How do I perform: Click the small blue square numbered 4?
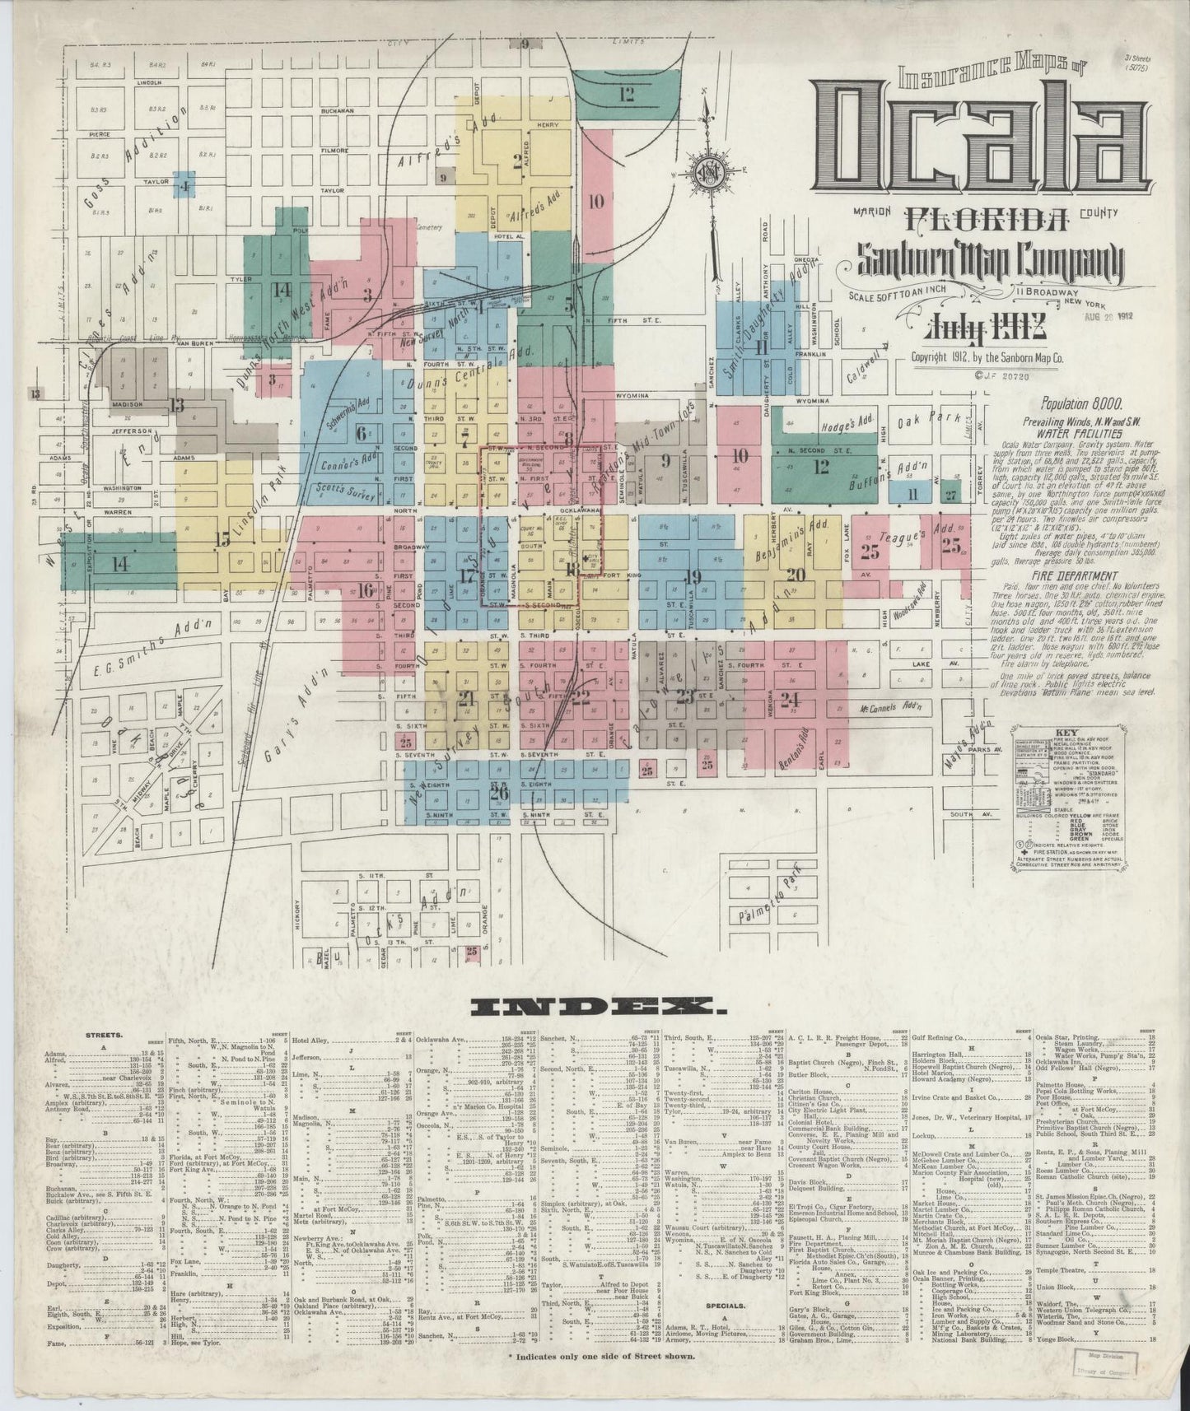click(185, 186)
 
